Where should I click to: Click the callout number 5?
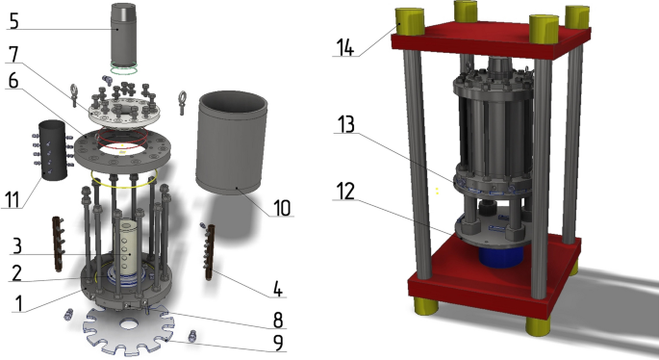coord(14,20)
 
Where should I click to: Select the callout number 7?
coord(13,54)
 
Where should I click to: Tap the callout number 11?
coord(13,199)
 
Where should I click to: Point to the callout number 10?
coord(282,207)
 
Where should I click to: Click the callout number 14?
coord(345,46)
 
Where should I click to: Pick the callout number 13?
coord(346,124)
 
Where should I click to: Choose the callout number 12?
coord(345,191)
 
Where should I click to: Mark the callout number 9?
coord(278,343)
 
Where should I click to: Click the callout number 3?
coord(16,246)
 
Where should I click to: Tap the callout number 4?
coord(278,289)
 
